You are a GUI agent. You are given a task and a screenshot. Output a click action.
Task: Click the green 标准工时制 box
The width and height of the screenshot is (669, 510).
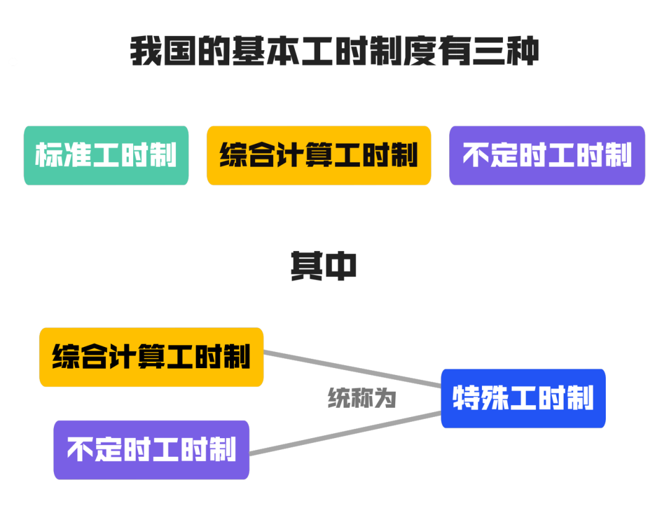coord(106,156)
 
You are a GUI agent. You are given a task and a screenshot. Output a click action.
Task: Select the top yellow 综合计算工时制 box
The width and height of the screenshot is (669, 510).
coord(318,156)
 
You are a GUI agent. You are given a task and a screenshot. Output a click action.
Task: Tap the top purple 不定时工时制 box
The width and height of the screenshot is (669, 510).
coord(547,156)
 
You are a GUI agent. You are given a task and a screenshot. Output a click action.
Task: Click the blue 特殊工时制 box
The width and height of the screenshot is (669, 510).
coord(523,398)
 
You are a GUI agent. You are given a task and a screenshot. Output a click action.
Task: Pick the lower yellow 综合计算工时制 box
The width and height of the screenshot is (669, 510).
coord(152,358)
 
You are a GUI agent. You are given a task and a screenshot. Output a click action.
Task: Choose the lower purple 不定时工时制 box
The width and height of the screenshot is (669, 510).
coord(152,450)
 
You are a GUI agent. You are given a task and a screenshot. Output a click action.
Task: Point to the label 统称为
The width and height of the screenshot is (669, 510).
coord(362,398)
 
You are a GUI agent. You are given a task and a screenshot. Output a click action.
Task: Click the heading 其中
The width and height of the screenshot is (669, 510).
coord(323,266)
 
